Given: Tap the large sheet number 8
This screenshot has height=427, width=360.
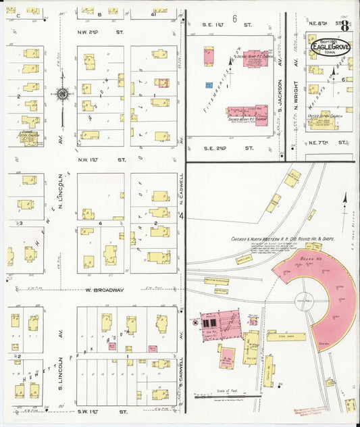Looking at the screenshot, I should (x=345, y=27).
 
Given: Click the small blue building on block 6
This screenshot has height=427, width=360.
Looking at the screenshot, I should (x=209, y=85).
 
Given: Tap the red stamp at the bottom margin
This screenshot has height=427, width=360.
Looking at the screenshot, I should (x=309, y=410).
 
